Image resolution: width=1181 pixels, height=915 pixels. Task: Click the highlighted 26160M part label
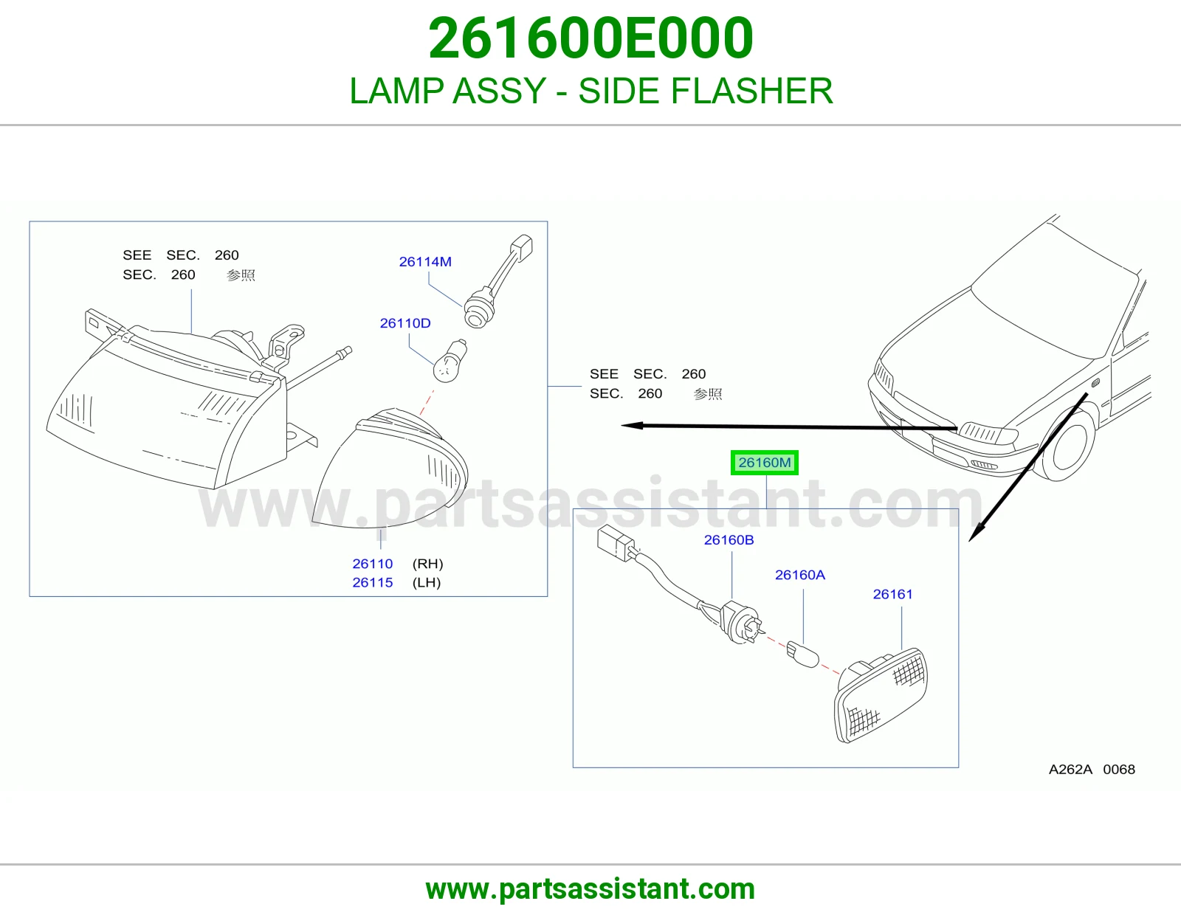pyautogui.click(x=764, y=463)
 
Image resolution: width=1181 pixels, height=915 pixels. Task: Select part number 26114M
pyautogui.click(x=425, y=262)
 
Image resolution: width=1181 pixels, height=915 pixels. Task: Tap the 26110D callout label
pyautogui.click(x=405, y=323)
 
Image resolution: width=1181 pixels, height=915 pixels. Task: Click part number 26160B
pyautogui.click(x=729, y=540)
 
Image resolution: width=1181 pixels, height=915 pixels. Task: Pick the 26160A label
pyautogui.click(x=800, y=575)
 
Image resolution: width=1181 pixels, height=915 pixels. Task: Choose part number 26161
pyautogui.click(x=892, y=595)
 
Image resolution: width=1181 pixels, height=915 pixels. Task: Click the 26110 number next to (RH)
pyautogui.click(x=372, y=564)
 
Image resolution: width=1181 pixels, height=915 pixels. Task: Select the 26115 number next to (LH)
pyautogui.click(x=372, y=582)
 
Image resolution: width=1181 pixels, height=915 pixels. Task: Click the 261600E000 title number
pyautogui.click(x=590, y=38)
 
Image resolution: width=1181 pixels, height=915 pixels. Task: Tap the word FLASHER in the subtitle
pyautogui.click(x=751, y=91)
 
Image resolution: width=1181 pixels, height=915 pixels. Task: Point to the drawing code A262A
pyautogui.click(x=1070, y=770)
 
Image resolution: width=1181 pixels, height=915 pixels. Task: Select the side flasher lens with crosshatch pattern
pyautogui.click(x=881, y=696)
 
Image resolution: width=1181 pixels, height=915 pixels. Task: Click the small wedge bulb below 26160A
pyautogui.click(x=802, y=655)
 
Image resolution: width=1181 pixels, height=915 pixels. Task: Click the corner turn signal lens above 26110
pyautogui.click(x=390, y=469)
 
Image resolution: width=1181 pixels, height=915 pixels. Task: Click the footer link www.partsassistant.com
pyautogui.click(x=590, y=889)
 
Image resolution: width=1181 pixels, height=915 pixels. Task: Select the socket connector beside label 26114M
pyautogui.click(x=475, y=314)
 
